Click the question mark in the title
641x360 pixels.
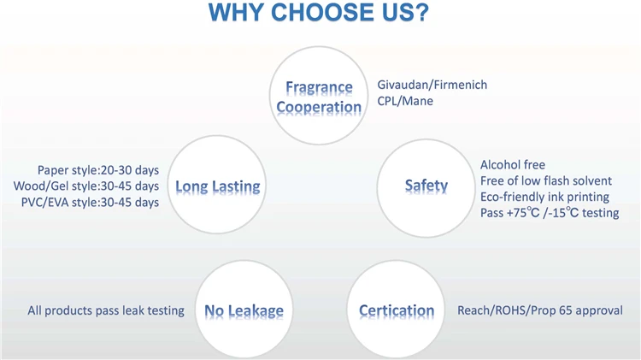point(420,12)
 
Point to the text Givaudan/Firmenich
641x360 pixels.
point(432,85)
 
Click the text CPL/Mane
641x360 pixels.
point(405,101)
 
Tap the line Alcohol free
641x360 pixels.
point(513,164)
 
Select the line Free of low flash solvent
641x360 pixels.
point(546,180)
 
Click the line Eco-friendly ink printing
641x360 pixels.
point(544,197)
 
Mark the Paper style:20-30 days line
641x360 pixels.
point(98,170)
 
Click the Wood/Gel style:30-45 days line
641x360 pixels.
point(85,186)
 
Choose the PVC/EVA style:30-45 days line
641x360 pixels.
point(90,202)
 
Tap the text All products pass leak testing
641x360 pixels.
point(106,310)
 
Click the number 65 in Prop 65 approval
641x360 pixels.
point(566,310)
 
